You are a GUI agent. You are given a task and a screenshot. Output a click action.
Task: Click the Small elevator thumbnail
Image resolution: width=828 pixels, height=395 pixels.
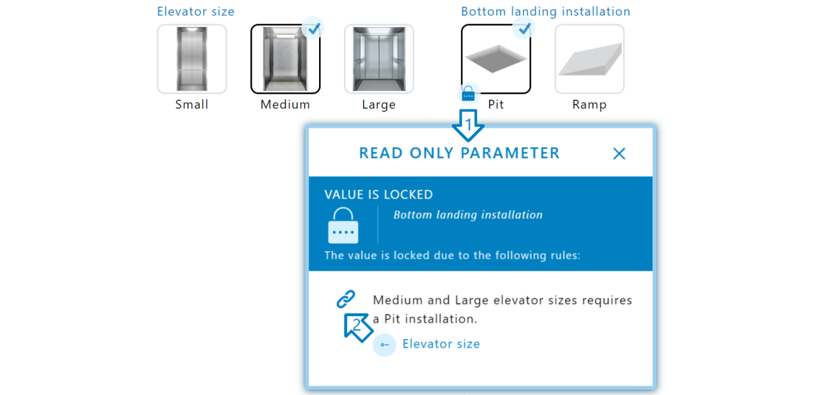pyautogui.click(x=192, y=59)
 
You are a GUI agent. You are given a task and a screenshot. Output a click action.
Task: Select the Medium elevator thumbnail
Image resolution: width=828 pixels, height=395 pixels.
pyautogui.click(x=285, y=59)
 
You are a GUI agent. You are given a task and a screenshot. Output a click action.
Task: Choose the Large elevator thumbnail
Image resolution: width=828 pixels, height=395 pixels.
pyautogui.click(x=379, y=59)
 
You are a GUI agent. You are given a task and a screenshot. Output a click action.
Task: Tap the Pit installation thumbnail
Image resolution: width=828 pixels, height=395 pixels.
pyautogui.click(x=496, y=59)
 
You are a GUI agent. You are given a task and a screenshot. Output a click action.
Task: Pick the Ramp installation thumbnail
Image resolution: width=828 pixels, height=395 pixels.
pyautogui.click(x=589, y=59)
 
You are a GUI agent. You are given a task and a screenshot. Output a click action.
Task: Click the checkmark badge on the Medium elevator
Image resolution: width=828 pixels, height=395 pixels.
pyautogui.click(x=313, y=28)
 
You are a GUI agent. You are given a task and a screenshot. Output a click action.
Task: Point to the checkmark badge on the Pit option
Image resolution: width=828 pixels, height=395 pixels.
pyautogui.click(x=524, y=28)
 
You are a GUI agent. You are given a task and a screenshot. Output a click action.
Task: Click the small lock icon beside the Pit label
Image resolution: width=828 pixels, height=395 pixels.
pyautogui.click(x=468, y=94)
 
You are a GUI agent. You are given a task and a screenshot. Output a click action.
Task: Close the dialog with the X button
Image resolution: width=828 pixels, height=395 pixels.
pyautogui.click(x=619, y=154)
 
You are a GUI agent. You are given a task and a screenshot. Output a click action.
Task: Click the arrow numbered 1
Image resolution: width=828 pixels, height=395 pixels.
pyautogui.click(x=468, y=126)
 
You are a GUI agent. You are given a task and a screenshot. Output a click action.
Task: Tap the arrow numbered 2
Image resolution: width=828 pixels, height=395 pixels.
pyautogui.click(x=358, y=326)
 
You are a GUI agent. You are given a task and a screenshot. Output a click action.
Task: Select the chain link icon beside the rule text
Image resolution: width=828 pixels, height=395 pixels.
pyautogui.click(x=345, y=299)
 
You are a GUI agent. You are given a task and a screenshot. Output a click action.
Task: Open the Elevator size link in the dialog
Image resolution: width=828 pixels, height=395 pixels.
pyautogui.click(x=441, y=344)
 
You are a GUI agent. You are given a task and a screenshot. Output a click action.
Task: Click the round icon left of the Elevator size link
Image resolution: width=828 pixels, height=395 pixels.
pyautogui.click(x=384, y=345)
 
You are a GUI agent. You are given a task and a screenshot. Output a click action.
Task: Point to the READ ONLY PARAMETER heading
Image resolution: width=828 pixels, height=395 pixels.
pyautogui.click(x=459, y=154)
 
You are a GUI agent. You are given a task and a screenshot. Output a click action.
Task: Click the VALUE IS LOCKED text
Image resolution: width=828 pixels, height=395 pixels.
pyautogui.click(x=378, y=195)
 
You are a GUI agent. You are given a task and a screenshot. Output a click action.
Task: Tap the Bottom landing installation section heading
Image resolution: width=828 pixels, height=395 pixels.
pyautogui.click(x=545, y=11)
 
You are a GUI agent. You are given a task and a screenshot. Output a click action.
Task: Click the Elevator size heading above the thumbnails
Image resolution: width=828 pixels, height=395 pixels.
pyautogui.click(x=196, y=11)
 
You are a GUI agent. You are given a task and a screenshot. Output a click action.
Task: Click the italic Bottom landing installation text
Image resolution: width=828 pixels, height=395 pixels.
pyautogui.click(x=468, y=215)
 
